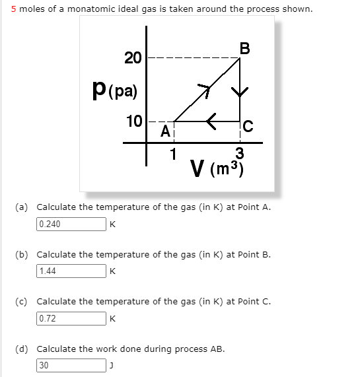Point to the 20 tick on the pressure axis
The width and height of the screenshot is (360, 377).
(133, 58)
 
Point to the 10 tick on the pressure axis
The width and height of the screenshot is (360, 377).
(134, 121)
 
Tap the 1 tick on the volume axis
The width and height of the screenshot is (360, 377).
(173, 155)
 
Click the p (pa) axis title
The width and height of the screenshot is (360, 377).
(116, 89)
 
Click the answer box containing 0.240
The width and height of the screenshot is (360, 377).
(71, 224)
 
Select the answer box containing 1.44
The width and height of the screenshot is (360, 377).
(71, 271)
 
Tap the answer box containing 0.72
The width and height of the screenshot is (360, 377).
(71, 318)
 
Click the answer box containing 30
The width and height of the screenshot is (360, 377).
(71, 364)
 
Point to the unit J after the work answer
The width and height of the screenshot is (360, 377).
(112, 365)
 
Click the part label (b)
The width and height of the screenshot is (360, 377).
(24, 254)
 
